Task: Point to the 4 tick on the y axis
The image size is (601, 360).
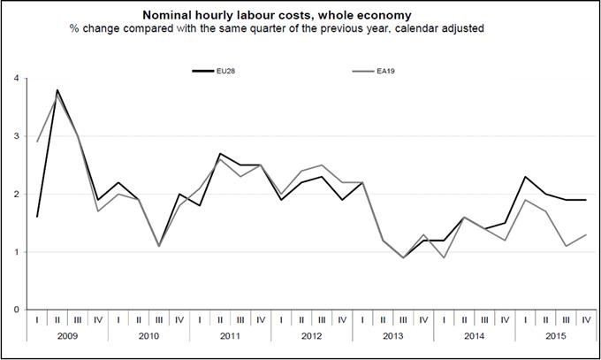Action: (x=15, y=79)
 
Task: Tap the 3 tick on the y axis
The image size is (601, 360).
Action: (x=15, y=137)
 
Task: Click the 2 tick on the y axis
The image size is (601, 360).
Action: (x=15, y=195)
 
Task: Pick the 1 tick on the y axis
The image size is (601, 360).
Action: (x=15, y=252)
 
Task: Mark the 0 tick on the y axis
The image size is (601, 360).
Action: (x=15, y=310)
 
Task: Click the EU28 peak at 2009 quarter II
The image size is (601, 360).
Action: (x=57, y=90)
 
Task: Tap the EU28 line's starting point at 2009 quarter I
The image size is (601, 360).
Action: (x=37, y=217)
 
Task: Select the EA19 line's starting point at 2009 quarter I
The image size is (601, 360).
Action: (x=37, y=142)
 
